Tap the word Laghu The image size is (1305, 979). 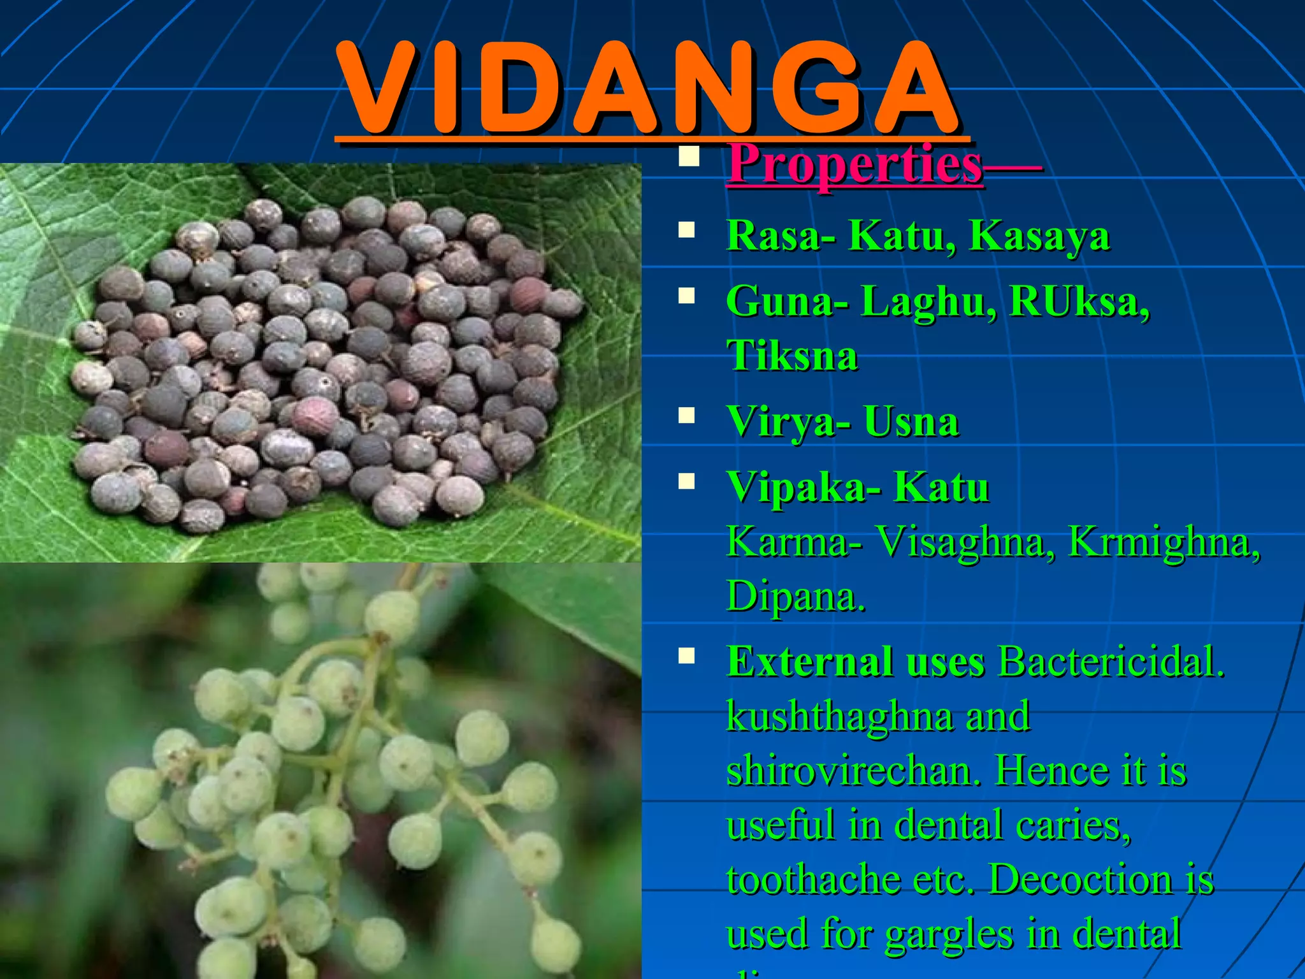coord(927,302)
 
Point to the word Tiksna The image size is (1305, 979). coord(792,356)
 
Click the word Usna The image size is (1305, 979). coord(911,422)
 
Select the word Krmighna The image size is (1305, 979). coord(1164,542)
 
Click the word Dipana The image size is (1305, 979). coord(795,597)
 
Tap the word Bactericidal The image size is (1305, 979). coord(1111,662)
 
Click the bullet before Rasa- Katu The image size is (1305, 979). coord(686,229)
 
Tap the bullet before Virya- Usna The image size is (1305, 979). coord(686,416)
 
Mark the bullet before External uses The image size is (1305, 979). coord(686,655)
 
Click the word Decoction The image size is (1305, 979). coord(1081,880)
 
